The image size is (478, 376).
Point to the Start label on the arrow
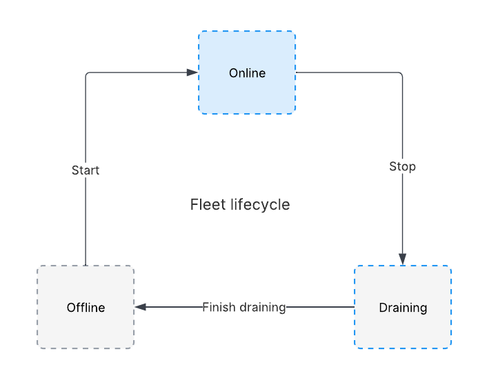(86, 170)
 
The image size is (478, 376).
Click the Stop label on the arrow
(402, 166)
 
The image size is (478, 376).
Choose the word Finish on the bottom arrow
(219, 307)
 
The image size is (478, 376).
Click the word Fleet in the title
(205, 205)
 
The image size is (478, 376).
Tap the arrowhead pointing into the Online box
(193, 72)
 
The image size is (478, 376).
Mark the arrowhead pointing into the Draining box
(402, 259)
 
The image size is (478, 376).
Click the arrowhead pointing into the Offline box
(140, 307)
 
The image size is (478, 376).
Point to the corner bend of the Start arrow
(86, 73)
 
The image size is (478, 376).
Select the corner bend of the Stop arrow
(401, 73)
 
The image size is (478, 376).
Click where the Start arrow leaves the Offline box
(86, 265)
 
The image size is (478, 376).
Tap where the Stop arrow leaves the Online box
(297, 72)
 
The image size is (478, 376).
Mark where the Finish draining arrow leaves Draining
(354, 307)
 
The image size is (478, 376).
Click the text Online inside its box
(247, 73)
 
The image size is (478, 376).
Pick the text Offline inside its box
(86, 308)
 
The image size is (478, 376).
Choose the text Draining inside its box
(403, 308)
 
